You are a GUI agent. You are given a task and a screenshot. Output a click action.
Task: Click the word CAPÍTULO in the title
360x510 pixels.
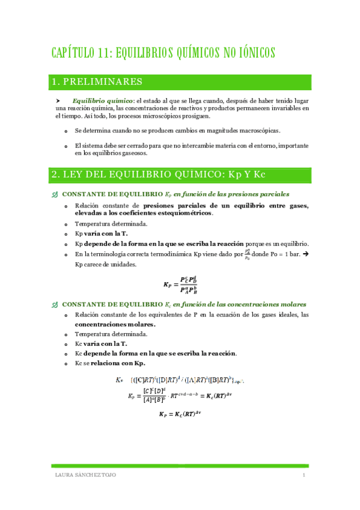coord(72,53)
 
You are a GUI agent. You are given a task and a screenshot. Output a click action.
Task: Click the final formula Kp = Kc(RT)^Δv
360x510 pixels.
coord(180,414)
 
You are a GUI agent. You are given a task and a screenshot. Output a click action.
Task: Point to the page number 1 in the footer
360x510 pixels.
coord(304,476)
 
